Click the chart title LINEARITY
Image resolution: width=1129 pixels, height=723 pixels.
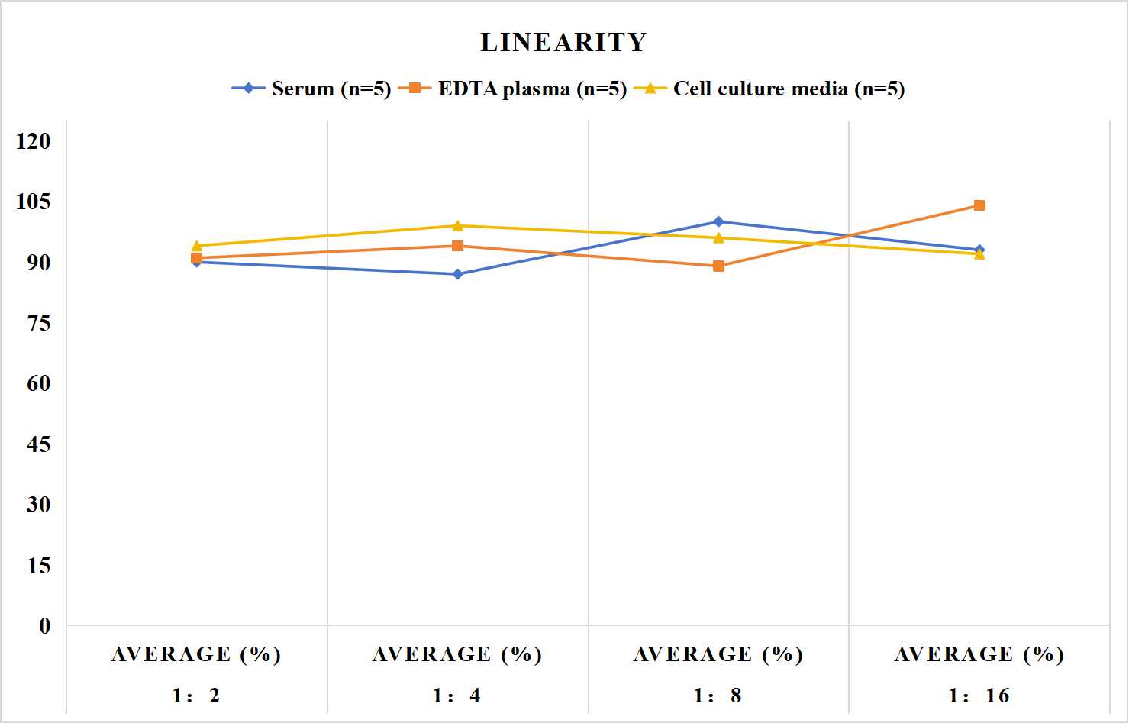563,42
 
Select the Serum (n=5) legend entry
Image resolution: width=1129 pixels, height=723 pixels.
311,89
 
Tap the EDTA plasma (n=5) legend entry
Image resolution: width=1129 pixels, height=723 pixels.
512,89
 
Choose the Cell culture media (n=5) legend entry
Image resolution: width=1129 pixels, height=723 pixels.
769,89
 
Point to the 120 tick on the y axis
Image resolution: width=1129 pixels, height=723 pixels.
34,141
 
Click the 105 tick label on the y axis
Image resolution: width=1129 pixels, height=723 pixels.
34,202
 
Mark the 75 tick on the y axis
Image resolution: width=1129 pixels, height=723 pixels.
39,323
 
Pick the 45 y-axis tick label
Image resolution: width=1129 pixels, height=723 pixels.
39,444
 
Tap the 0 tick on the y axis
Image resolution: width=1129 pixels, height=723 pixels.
45,626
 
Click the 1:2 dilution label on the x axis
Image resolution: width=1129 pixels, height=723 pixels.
196,696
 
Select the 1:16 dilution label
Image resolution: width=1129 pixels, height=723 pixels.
979,696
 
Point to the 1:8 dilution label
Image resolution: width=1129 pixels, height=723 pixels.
718,696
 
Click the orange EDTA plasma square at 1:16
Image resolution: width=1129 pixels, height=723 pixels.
979,205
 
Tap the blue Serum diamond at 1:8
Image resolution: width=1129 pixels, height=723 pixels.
719,221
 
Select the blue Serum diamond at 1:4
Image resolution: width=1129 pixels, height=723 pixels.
458,274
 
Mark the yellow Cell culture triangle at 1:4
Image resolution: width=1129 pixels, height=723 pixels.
458,225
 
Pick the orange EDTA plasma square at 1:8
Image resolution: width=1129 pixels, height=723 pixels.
719,266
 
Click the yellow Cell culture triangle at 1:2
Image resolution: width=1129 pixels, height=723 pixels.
197,246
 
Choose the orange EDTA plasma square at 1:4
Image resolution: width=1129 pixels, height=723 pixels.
458,246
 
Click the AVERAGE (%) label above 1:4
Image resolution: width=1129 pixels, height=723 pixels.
457,654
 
